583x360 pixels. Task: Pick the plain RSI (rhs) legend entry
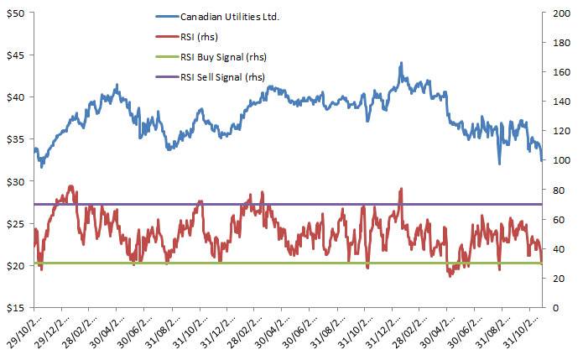(x=200, y=37)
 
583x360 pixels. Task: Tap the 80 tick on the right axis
(x=554, y=190)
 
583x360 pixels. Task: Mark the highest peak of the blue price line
(x=402, y=63)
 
